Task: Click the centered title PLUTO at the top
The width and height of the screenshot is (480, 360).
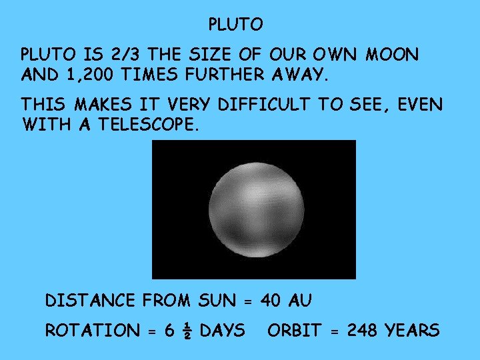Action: click(x=236, y=25)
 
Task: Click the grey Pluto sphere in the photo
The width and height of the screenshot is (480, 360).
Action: click(x=253, y=210)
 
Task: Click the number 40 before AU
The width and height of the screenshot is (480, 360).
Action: click(x=271, y=301)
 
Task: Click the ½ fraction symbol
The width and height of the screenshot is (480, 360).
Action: click(x=185, y=331)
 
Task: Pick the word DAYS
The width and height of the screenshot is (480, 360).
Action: click(x=222, y=331)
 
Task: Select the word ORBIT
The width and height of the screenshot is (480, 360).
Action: click(x=295, y=331)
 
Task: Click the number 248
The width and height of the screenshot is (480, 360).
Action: click(x=360, y=331)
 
